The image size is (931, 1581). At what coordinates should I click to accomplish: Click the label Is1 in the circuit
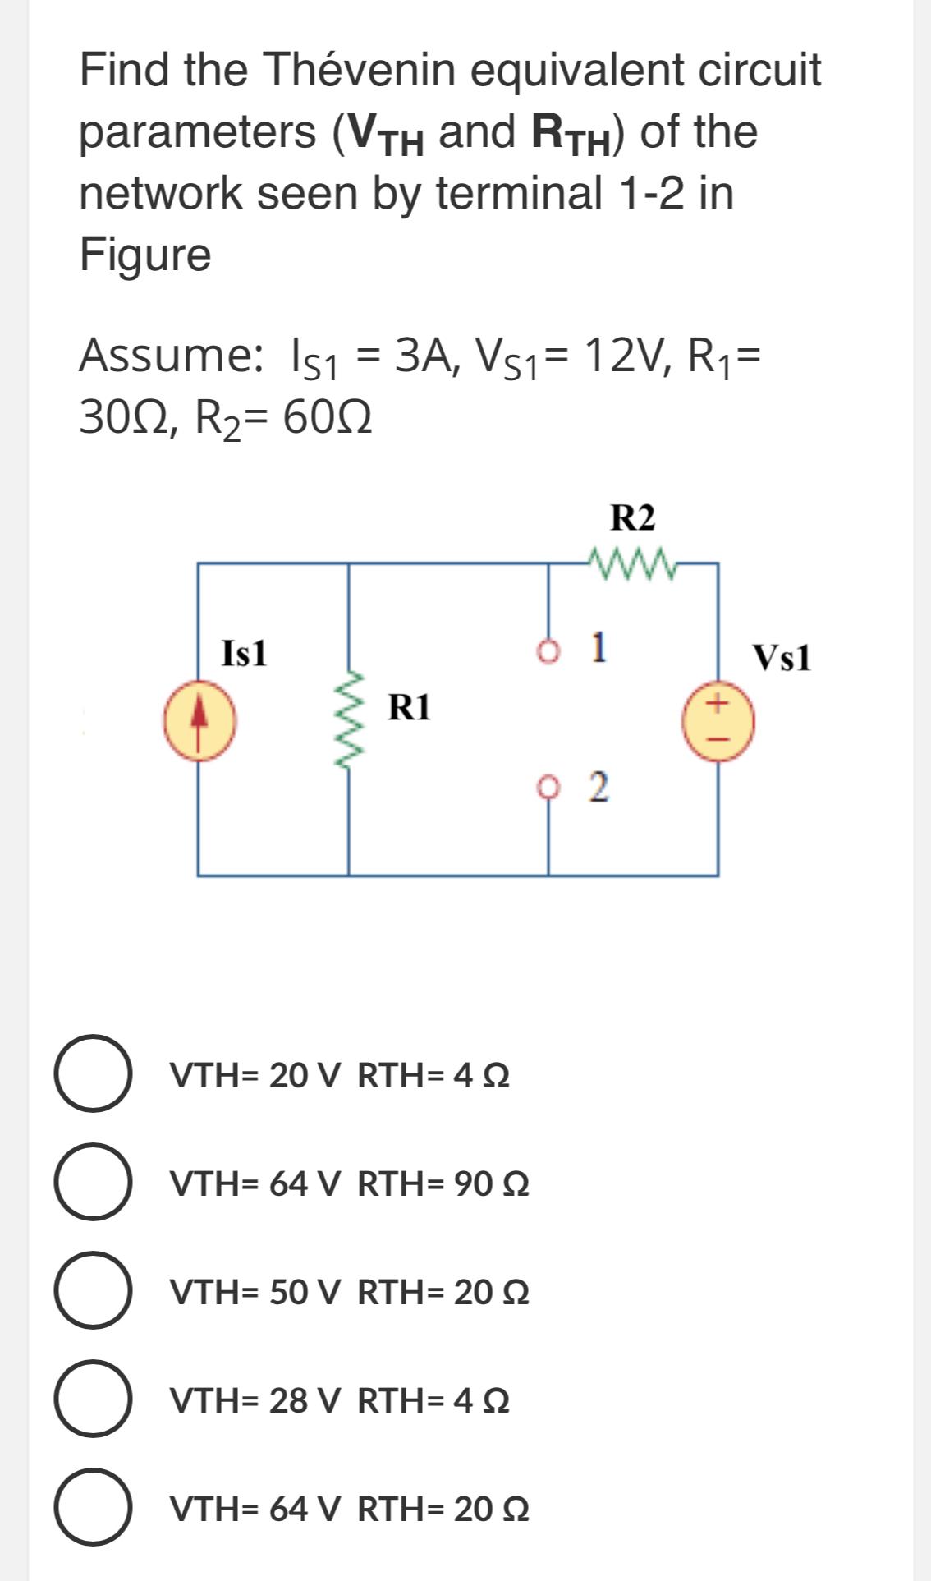pos(245,654)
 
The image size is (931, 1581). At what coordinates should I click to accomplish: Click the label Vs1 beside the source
pos(782,658)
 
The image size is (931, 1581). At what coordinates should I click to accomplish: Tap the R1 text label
pos(410,706)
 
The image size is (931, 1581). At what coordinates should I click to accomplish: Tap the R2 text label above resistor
pos(633,518)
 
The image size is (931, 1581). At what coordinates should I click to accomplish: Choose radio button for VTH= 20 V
pos(93,1073)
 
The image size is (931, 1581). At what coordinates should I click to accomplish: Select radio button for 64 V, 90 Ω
pos(93,1182)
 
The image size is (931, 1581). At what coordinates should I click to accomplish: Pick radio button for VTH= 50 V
pos(93,1290)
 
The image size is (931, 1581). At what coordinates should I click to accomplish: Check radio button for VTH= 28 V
pos(93,1399)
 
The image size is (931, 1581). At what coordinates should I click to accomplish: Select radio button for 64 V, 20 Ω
pos(93,1507)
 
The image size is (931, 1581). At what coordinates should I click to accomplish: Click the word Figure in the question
pos(145,254)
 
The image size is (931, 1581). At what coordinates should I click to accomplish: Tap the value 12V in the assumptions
pos(624,356)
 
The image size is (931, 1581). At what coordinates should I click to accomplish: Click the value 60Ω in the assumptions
pos(327,420)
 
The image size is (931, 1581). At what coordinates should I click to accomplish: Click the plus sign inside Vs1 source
pos(718,705)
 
